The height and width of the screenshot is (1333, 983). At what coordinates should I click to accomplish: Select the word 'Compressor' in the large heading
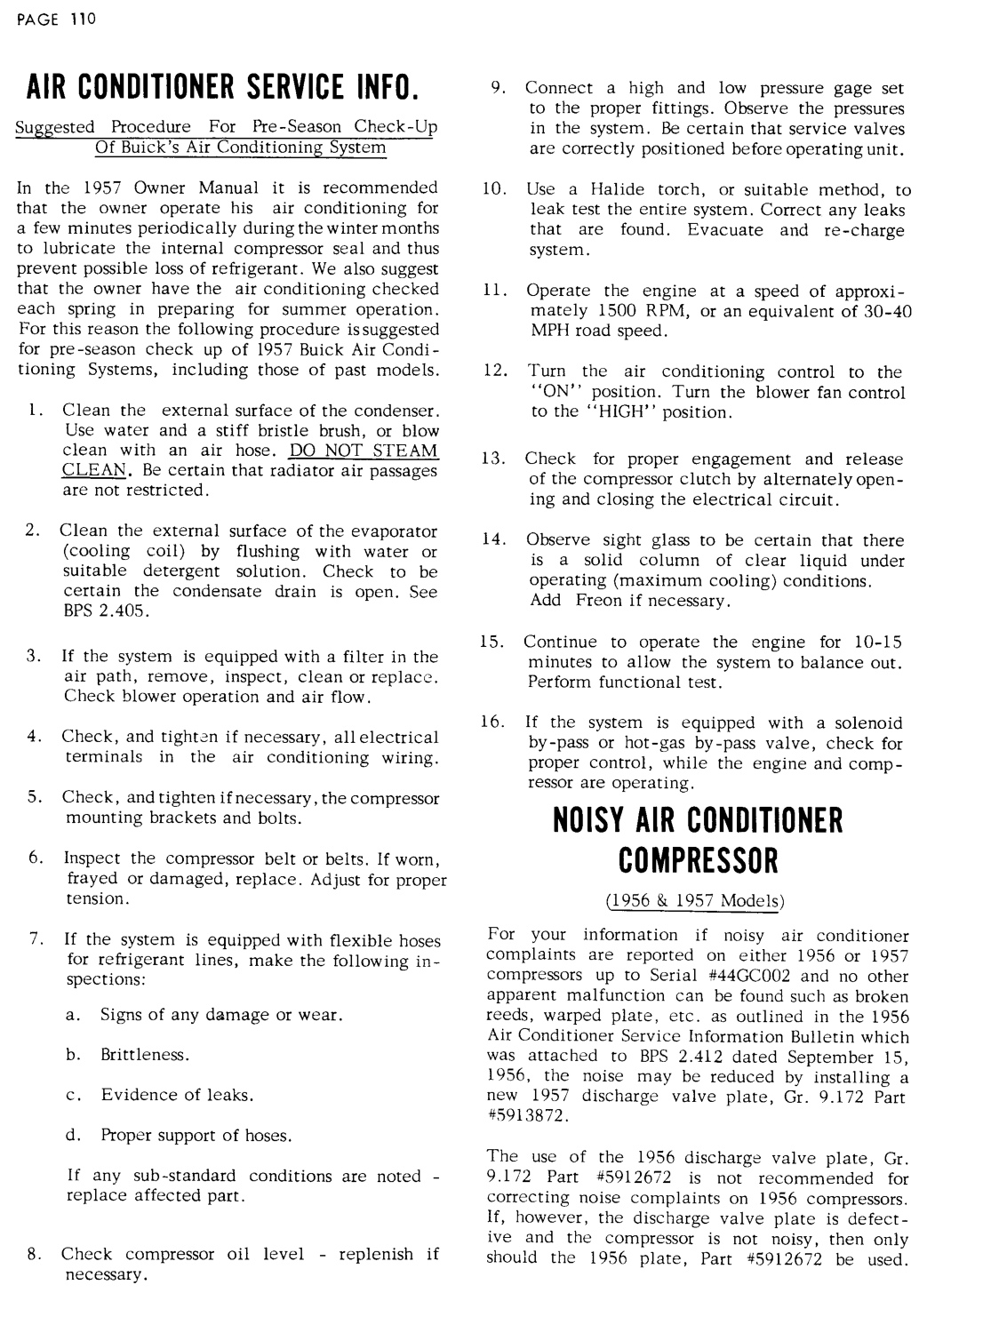[x=697, y=860]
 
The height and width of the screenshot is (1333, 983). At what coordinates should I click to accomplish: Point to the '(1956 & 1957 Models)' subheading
[x=697, y=900]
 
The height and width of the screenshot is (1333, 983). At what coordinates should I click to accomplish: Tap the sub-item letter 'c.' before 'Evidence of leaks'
[x=74, y=1095]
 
